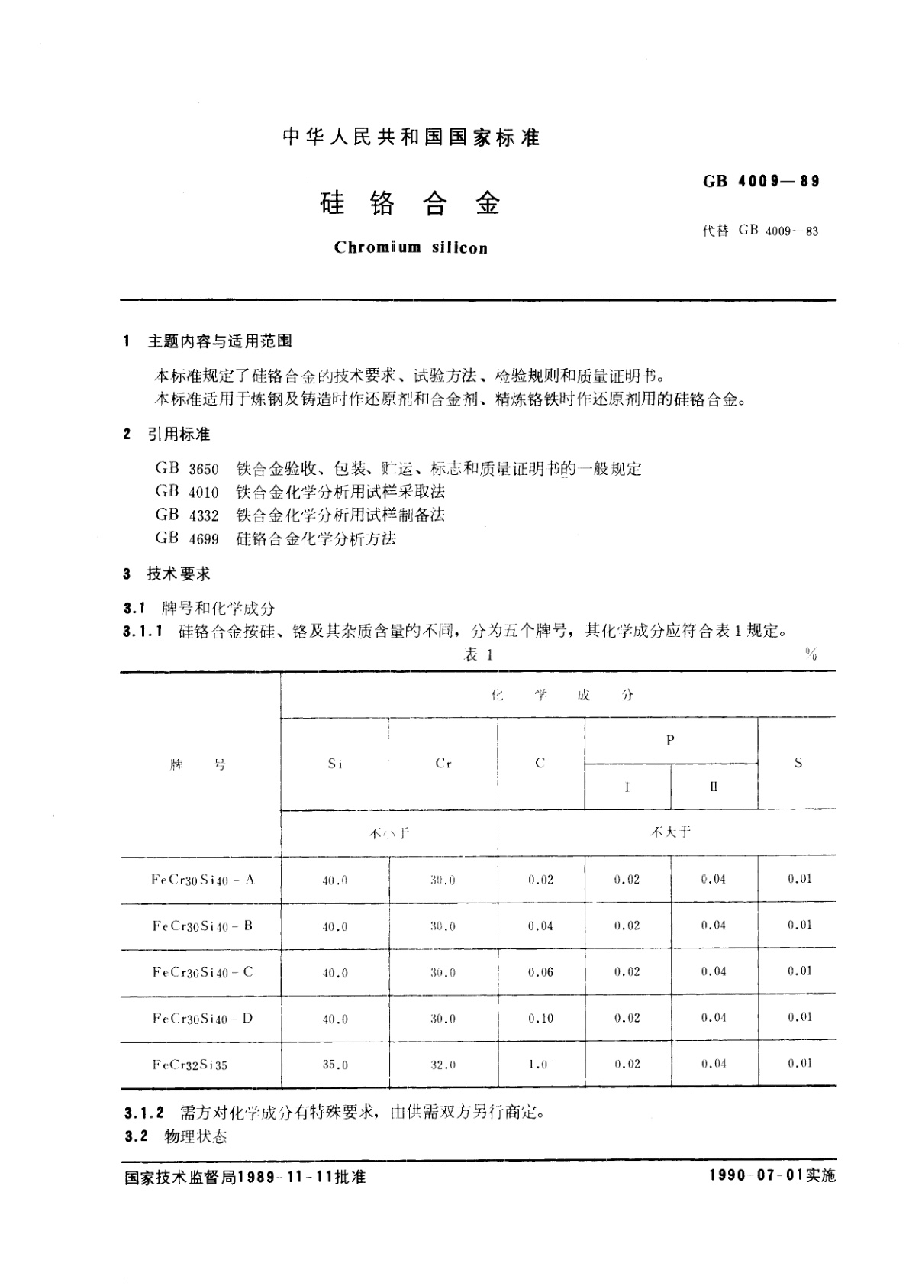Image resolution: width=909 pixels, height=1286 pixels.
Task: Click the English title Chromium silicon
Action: (x=411, y=247)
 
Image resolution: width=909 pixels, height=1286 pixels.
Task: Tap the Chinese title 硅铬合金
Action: (x=410, y=204)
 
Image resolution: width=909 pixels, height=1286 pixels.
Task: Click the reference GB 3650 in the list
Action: (x=187, y=469)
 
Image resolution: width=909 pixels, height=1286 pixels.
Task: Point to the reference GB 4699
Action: (x=187, y=539)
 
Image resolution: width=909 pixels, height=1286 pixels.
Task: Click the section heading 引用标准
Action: (x=179, y=435)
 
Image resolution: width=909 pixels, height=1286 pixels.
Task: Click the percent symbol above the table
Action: (x=811, y=654)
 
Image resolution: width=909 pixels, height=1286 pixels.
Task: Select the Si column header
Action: (x=335, y=764)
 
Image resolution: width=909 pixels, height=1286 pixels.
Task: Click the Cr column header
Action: (x=443, y=764)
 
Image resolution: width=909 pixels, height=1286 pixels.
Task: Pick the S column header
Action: (x=798, y=763)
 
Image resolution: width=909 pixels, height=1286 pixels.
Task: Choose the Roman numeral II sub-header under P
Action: (x=714, y=787)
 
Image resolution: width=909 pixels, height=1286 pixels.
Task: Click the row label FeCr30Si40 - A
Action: (x=203, y=880)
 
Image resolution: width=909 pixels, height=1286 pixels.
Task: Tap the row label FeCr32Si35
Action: (x=190, y=1065)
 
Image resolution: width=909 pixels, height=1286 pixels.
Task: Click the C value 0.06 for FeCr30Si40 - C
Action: (x=540, y=972)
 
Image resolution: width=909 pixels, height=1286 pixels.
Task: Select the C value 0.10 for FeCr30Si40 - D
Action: (x=540, y=1019)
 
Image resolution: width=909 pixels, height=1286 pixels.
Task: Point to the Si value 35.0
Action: (x=335, y=1065)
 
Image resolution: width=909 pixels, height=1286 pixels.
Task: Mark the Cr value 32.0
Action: (x=443, y=1065)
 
